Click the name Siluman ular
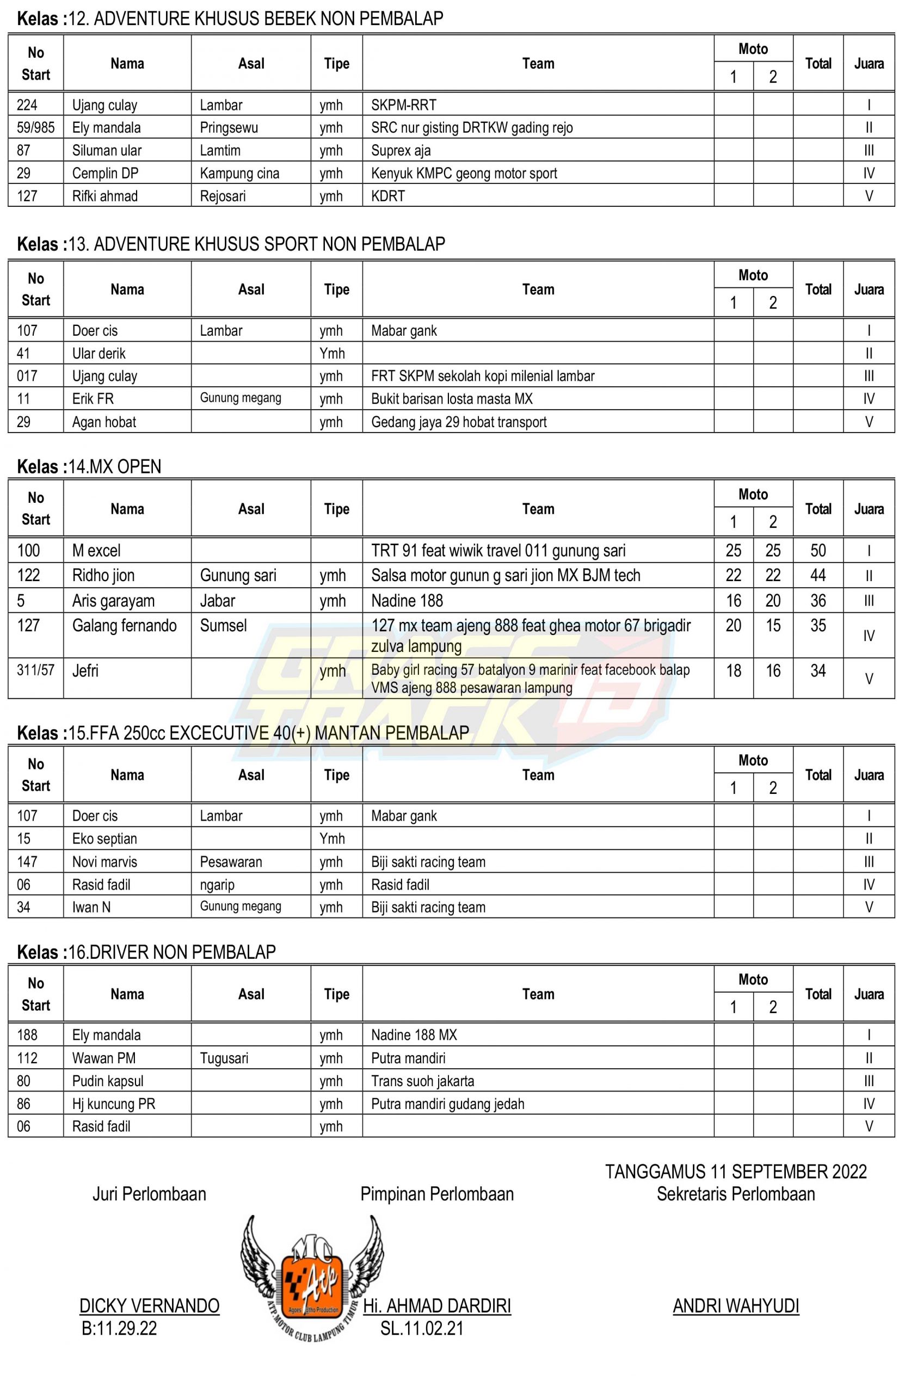click(107, 150)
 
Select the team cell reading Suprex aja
click(401, 150)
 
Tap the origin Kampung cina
click(239, 173)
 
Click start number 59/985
click(35, 127)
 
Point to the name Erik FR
click(93, 399)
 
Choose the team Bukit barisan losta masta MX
click(451, 399)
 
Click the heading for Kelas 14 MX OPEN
click(89, 466)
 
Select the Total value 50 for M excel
click(817, 550)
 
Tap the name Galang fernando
click(124, 626)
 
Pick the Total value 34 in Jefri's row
click(817, 671)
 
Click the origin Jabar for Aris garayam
click(217, 601)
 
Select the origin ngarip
click(217, 884)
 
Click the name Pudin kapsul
click(107, 1081)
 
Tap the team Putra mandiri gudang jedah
click(447, 1104)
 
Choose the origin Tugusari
click(224, 1058)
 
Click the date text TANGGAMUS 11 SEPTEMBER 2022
click(735, 1171)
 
